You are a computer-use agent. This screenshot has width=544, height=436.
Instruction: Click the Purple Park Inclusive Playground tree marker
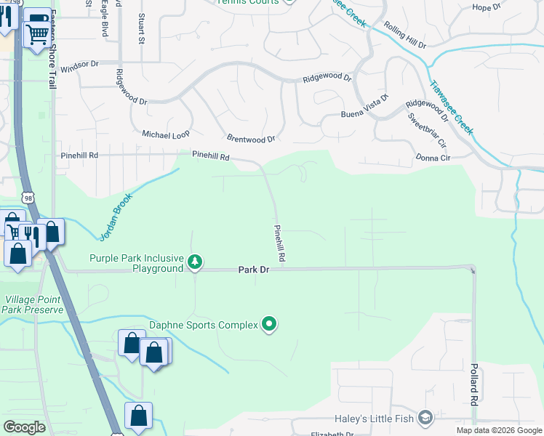click(194, 262)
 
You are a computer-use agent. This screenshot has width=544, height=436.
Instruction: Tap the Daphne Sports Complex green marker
click(270, 324)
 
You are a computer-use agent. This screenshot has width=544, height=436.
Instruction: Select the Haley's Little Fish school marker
click(425, 418)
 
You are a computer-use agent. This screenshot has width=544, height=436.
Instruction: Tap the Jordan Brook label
click(115, 211)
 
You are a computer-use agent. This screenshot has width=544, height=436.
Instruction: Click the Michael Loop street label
click(165, 135)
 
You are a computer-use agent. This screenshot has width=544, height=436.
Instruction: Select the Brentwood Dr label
click(251, 138)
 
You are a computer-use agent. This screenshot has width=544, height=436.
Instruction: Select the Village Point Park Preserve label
click(33, 304)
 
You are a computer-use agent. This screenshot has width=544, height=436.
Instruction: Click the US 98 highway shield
click(28, 198)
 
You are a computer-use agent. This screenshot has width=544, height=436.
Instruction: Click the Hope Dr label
click(487, 7)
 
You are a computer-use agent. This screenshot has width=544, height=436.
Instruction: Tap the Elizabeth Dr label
click(331, 434)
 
